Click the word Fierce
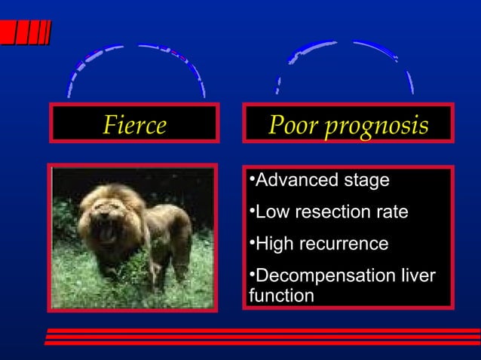133,125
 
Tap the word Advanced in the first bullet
293,181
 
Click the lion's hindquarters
177,226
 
